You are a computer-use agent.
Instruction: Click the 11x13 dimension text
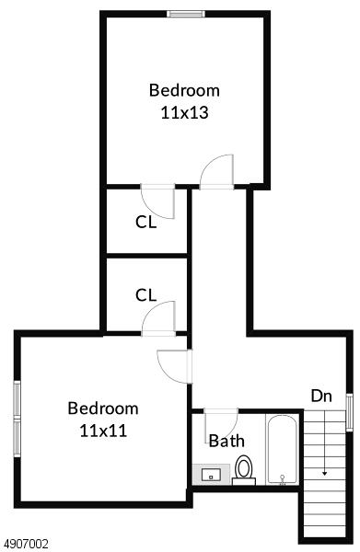(x=184, y=112)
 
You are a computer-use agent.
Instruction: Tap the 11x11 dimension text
(x=103, y=431)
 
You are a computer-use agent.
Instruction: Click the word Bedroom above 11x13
(x=184, y=90)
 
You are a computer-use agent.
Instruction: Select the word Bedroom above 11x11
(x=103, y=408)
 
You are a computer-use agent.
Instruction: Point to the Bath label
(x=226, y=441)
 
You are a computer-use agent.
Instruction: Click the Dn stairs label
(x=321, y=396)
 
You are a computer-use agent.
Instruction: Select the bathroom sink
(x=211, y=475)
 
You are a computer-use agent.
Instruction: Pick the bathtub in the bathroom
(x=282, y=450)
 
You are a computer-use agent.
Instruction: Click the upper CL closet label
(x=145, y=222)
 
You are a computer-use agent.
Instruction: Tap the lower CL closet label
(x=145, y=295)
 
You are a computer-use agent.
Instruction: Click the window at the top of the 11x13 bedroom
(x=186, y=14)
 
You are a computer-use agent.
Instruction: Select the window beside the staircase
(x=349, y=412)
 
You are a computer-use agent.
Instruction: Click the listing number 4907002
(x=24, y=545)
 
